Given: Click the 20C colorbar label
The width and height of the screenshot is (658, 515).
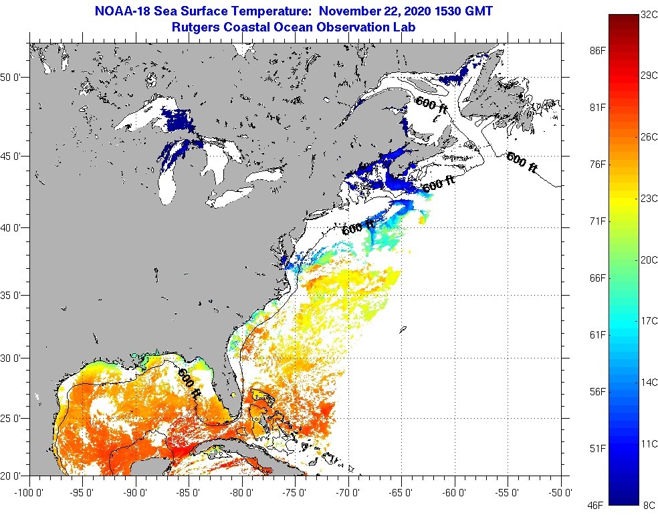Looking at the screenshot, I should (649, 260).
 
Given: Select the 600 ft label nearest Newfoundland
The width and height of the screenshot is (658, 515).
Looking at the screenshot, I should (522, 163).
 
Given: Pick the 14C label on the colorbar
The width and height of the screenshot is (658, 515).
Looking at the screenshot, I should (649, 383).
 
